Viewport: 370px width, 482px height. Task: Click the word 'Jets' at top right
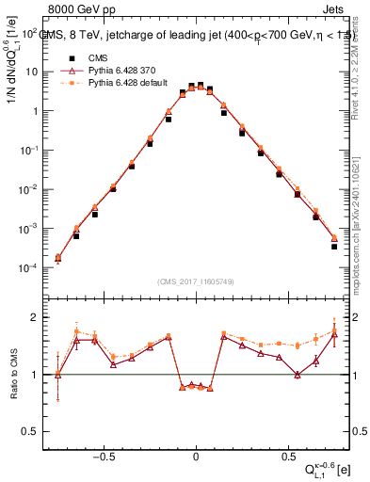(336, 8)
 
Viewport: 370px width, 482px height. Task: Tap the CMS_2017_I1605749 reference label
(196, 281)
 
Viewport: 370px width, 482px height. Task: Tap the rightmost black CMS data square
(334, 247)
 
